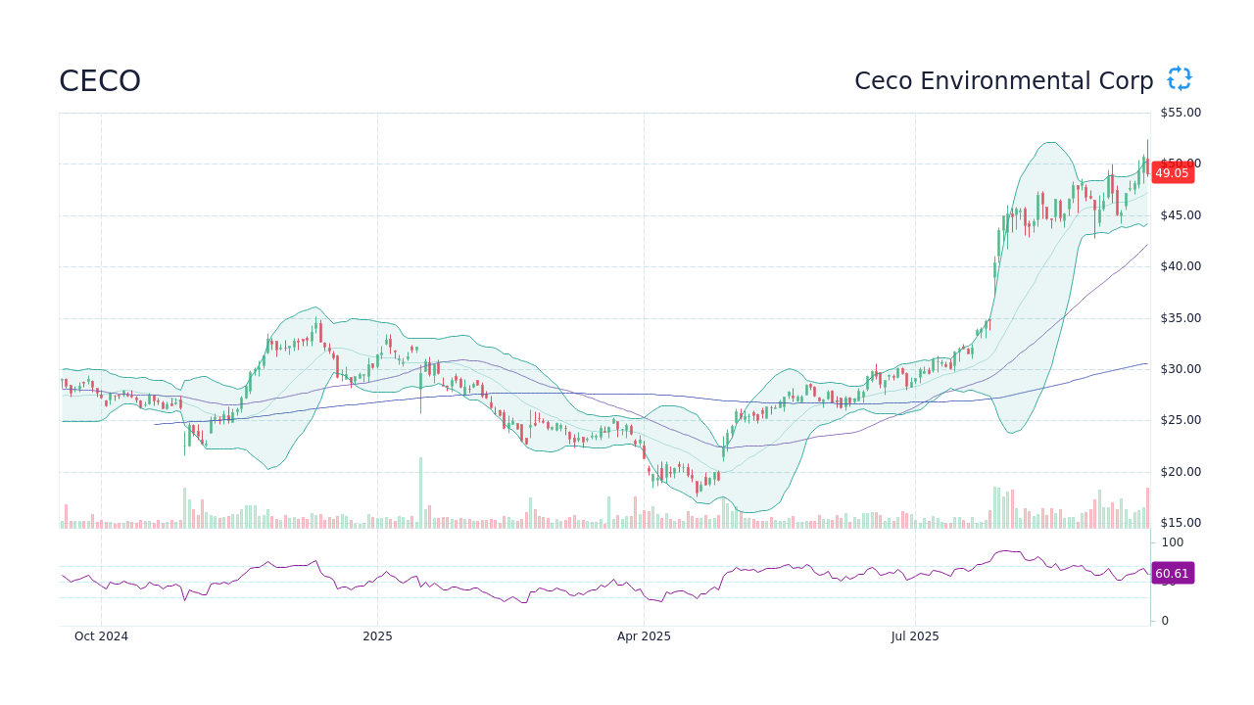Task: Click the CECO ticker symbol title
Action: (100, 81)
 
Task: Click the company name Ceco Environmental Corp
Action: (1003, 81)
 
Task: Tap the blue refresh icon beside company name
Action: (1179, 79)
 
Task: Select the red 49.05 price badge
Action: (1172, 173)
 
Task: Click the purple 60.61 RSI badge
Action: (1172, 574)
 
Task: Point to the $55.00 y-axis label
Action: (1180, 113)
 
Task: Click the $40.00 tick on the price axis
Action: (1180, 266)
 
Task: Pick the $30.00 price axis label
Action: (1180, 369)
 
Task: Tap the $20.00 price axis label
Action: (1180, 472)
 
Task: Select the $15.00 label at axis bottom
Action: (1180, 523)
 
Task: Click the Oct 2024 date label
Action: (101, 636)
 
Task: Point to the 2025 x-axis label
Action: (377, 636)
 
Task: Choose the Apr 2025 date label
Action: (644, 636)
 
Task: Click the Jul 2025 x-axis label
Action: (915, 636)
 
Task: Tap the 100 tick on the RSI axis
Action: (1173, 542)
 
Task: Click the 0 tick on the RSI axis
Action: (1165, 621)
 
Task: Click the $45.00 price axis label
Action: (1180, 215)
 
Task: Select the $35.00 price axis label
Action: (1180, 318)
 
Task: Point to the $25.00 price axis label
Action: (1180, 420)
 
